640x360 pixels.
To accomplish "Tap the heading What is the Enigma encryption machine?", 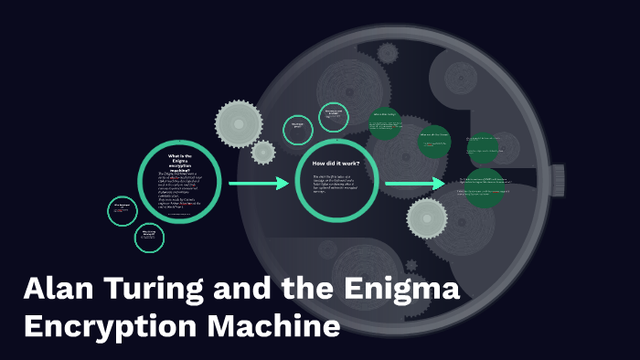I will point(179,160).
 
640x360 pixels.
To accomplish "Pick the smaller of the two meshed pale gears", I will point(263,152).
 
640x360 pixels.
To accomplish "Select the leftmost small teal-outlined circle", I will point(123,211).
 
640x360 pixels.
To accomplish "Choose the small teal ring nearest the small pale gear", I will point(297,129).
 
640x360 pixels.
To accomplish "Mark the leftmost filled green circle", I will point(385,123).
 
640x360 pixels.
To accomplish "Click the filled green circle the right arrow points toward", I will point(484,186).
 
